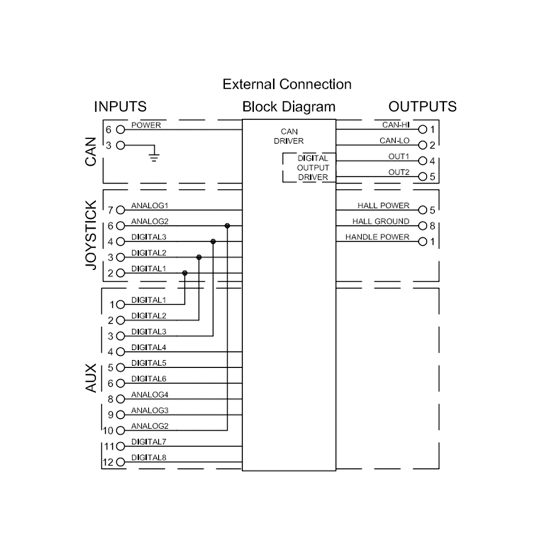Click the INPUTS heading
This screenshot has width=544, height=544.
120,106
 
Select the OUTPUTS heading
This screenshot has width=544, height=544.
422,106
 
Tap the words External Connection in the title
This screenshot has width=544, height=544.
287,84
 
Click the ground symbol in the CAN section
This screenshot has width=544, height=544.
154,157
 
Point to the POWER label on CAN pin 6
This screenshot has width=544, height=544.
146,125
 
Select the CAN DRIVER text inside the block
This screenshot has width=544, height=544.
288,136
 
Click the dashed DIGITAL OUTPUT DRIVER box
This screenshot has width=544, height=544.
308,168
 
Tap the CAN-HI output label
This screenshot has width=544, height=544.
395,125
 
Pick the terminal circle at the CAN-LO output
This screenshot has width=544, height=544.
422,145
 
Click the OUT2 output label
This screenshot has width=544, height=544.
399,172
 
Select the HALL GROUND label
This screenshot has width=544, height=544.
381,221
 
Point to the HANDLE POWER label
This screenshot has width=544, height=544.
377,237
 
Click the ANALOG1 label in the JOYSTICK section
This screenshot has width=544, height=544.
150,206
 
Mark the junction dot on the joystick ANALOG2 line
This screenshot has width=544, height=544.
227,225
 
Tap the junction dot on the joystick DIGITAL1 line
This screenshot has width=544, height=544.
185,273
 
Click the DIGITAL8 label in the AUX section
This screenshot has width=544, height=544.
149,458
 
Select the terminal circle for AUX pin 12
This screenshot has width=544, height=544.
120,463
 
